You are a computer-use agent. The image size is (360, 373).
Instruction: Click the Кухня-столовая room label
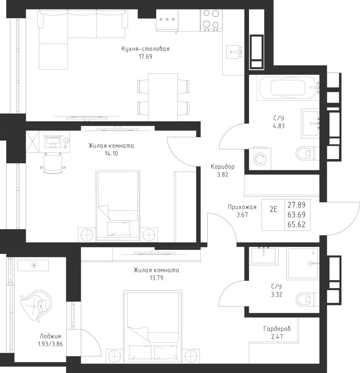145,49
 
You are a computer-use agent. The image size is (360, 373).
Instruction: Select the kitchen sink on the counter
234,52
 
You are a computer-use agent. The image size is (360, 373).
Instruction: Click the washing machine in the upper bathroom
260,159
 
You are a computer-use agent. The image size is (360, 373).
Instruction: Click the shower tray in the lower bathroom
303,263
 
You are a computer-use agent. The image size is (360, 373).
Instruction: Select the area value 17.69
145,57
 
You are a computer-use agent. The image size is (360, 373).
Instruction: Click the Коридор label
222,167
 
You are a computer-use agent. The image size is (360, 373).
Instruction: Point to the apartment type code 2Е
273,209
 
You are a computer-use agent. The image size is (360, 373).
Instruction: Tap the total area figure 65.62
297,225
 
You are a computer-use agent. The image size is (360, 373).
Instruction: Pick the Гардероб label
277,329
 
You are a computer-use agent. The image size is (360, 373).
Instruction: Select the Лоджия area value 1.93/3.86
51,344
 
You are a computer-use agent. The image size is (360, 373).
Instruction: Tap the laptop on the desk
53,142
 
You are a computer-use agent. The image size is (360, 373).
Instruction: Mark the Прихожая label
242,207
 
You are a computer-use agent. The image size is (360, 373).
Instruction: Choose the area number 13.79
157,278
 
